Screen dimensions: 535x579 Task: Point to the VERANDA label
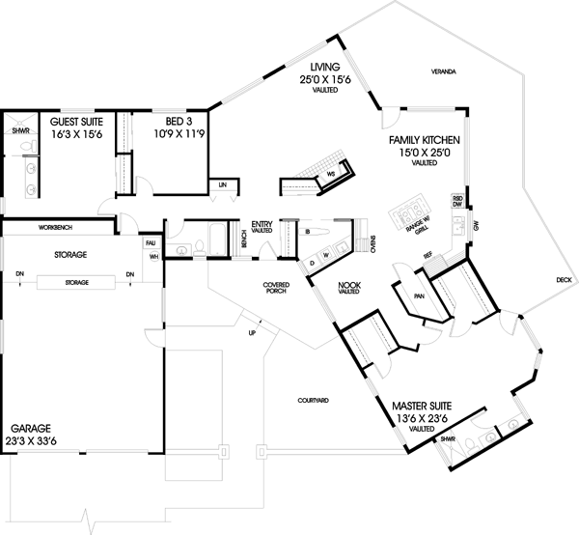click(444, 73)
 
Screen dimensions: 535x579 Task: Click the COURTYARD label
click(314, 399)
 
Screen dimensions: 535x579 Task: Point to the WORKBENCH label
click(55, 228)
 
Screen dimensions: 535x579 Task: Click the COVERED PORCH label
click(277, 287)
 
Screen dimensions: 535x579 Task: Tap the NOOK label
click(348, 285)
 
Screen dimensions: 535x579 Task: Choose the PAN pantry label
click(418, 297)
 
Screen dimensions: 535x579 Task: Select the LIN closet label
click(223, 183)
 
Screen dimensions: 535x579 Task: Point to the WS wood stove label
click(331, 174)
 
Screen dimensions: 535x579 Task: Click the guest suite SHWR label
click(20, 130)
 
